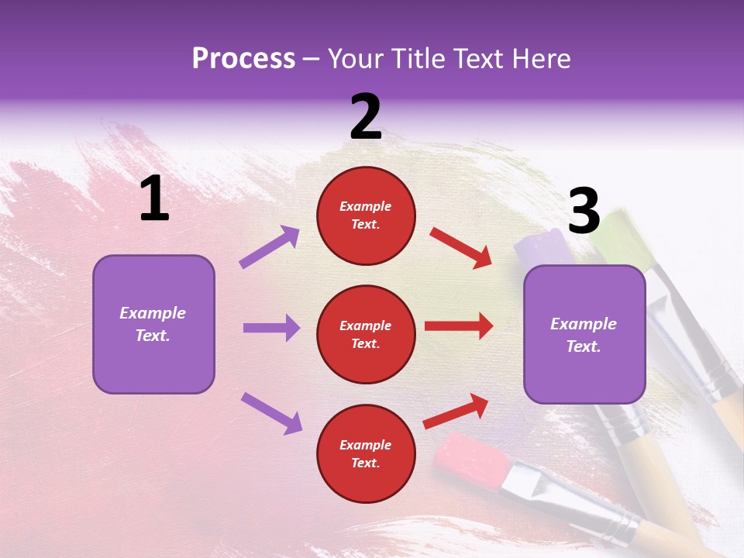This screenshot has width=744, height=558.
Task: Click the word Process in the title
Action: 243,59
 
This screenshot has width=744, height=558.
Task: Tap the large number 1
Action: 154,198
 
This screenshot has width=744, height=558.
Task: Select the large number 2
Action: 366,116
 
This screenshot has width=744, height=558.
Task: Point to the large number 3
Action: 584,211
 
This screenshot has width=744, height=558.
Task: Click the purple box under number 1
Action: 153,324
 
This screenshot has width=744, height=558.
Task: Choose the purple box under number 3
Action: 584,334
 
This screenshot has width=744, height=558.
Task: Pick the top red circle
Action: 366,215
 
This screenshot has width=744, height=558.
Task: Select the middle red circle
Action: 366,334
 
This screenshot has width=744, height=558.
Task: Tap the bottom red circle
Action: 366,453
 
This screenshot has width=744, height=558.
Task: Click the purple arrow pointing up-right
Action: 270,246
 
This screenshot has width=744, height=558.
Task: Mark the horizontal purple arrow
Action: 271,328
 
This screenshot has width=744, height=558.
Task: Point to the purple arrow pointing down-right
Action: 271,412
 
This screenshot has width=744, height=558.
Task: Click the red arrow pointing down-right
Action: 460,247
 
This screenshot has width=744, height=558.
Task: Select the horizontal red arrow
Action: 459,325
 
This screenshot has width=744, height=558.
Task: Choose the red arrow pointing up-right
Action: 456,411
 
